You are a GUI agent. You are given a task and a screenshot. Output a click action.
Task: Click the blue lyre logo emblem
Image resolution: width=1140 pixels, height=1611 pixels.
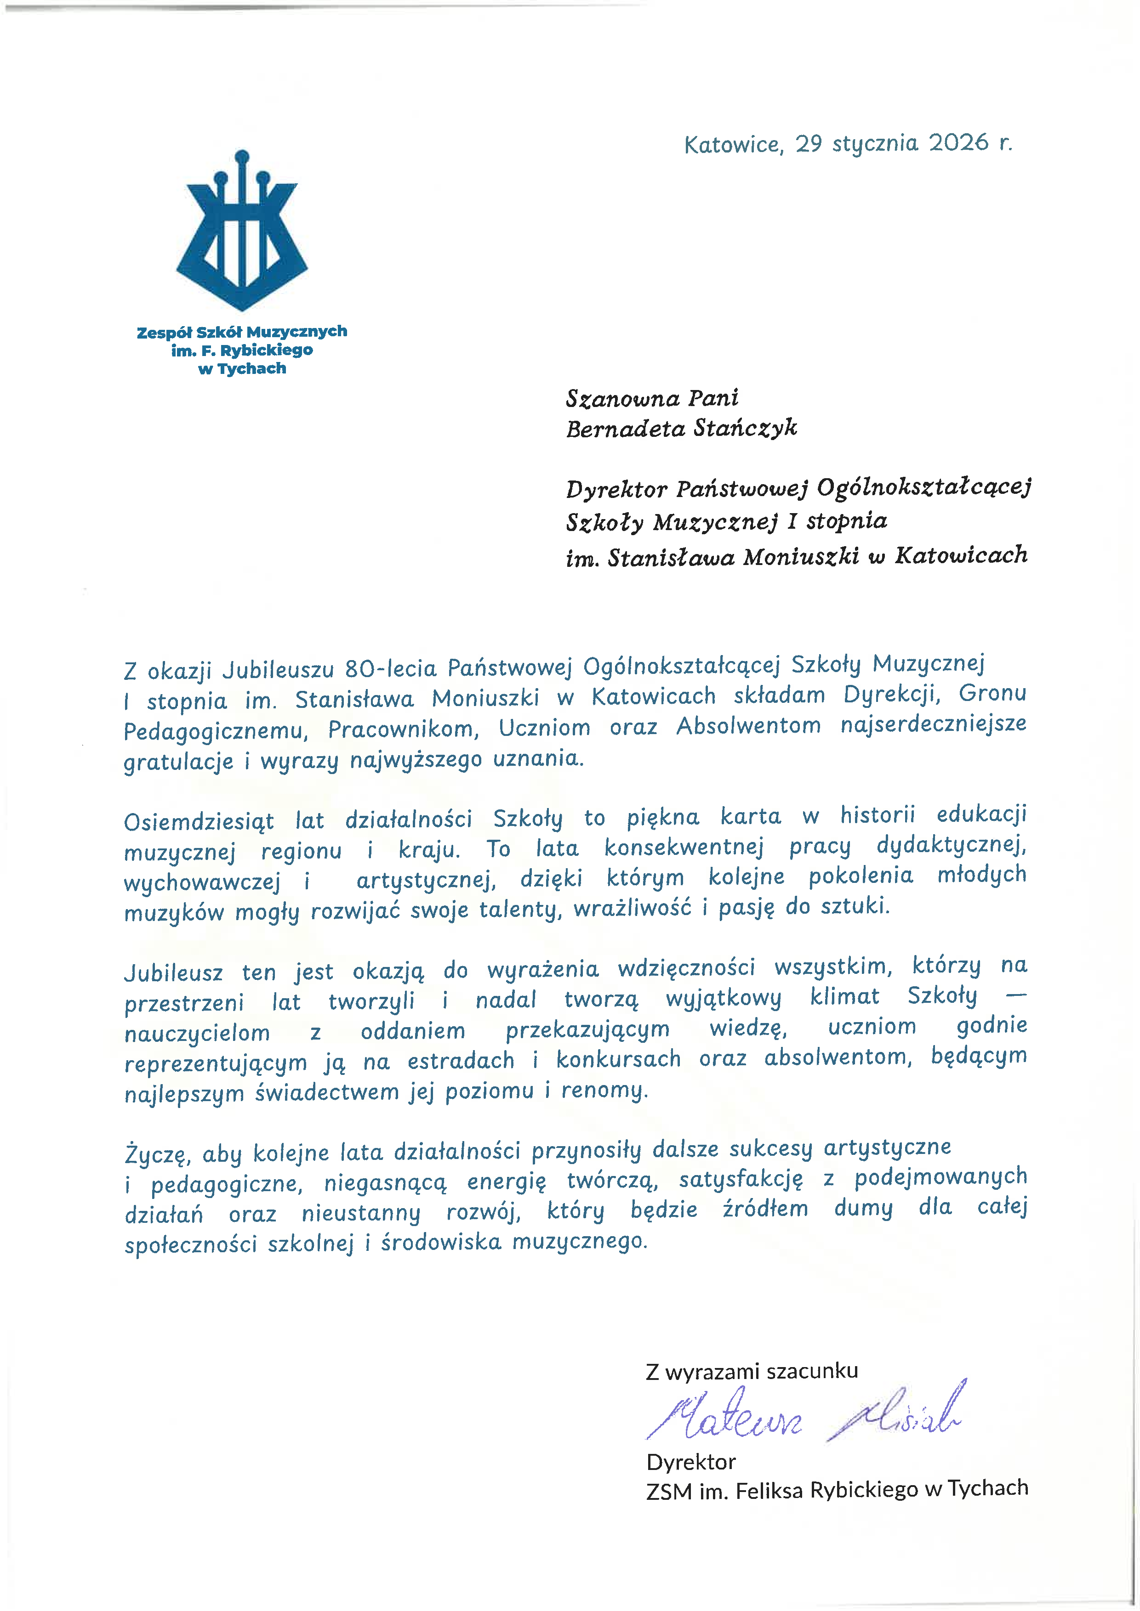pyautogui.click(x=241, y=232)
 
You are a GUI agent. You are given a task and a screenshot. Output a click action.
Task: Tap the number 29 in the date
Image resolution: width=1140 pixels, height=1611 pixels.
pyautogui.click(x=808, y=143)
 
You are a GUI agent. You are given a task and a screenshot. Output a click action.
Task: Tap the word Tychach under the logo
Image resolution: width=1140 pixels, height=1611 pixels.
pyautogui.click(x=251, y=368)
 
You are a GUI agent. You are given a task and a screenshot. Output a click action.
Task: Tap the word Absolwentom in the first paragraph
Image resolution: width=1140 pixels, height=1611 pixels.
pyautogui.click(x=748, y=725)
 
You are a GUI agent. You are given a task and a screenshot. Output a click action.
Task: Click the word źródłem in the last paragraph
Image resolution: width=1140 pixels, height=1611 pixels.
pyautogui.click(x=765, y=1208)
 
